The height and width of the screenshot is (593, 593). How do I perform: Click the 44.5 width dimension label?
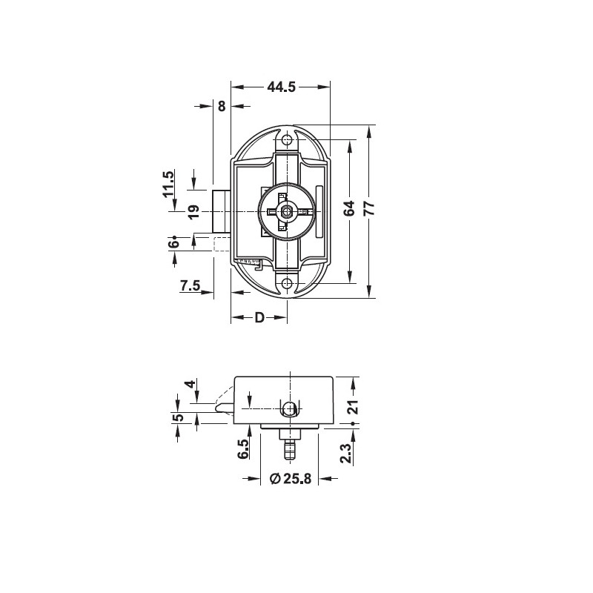click(x=281, y=87)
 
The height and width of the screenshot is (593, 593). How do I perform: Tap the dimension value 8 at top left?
click(x=222, y=107)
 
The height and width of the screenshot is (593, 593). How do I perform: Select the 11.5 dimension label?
click(x=168, y=184)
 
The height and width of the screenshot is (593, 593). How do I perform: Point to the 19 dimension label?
click(x=193, y=212)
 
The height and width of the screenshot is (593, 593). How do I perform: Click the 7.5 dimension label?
click(x=190, y=285)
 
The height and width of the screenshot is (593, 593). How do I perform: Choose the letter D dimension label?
click(x=259, y=317)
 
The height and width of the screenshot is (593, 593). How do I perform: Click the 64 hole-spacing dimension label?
click(x=349, y=208)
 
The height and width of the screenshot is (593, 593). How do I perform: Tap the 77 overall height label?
click(x=369, y=208)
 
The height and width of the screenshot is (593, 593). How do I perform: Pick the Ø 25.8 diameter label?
click(x=291, y=479)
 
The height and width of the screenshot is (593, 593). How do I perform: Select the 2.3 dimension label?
click(x=346, y=454)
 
